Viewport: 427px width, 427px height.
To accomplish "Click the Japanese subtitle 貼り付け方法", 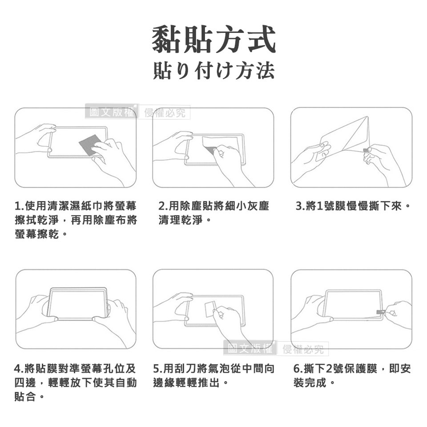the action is point(214,71).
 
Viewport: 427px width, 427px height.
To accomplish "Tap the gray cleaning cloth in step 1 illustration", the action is point(90,147).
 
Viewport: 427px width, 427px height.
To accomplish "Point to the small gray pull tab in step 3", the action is point(365,150).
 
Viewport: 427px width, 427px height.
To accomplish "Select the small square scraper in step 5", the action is point(210,309).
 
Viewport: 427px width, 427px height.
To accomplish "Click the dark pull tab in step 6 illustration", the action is point(380,312).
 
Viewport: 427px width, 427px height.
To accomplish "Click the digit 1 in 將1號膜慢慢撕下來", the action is point(320,206).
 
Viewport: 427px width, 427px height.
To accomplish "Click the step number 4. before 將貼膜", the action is point(19,369).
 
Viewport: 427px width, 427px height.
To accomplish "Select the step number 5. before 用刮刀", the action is point(158,369).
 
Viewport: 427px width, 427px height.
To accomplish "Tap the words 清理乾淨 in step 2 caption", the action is point(181,220).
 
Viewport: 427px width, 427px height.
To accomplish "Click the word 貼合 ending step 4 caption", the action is point(25,396).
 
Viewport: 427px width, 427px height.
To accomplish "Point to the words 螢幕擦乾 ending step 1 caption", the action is point(37,234).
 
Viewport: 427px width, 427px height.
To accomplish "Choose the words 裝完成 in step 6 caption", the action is point(310,383).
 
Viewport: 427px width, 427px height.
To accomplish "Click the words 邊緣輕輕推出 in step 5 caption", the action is point(186,383).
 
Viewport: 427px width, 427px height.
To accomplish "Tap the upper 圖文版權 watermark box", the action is point(112,112).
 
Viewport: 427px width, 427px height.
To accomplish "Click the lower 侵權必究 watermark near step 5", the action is point(303,349).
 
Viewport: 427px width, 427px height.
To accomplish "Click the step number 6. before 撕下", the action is point(298,369).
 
